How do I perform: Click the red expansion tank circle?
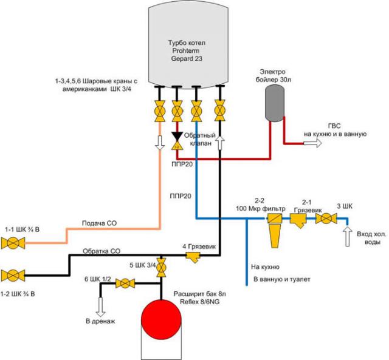tap(161, 319)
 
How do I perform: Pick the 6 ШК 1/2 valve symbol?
tap(125, 282)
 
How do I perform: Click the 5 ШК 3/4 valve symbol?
tap(161, 268)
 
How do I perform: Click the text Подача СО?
tap(101, 223)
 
